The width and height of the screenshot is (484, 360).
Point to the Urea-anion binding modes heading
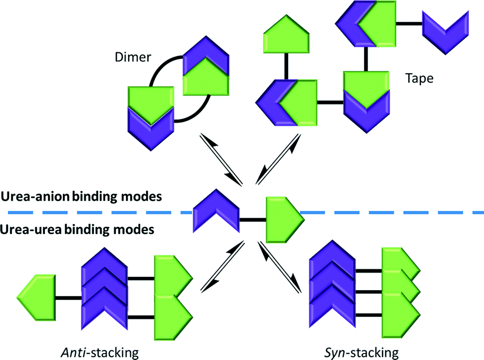click(x=81, y=197)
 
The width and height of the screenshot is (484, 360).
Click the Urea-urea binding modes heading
click(x=77, y=230)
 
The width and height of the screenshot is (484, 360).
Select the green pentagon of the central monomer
click(x=281, y=219)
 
